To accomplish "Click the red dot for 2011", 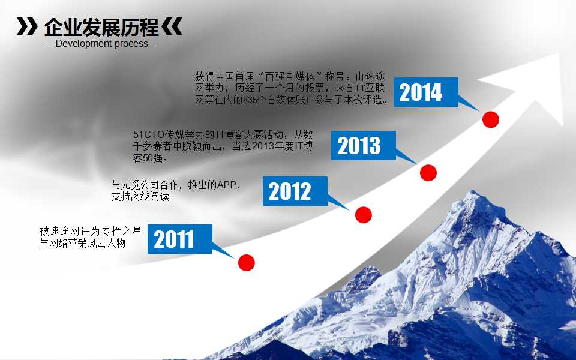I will [247, 262].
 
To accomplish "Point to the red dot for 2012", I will [364, 214].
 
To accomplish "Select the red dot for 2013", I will [428, 173].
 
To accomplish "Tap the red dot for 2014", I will [491, 119].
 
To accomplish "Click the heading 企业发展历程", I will [101, 27].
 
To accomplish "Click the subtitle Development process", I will [101, 44].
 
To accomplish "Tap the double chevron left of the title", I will [26, 27].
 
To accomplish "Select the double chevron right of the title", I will [172, 27].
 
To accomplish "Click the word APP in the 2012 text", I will [227, 185].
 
